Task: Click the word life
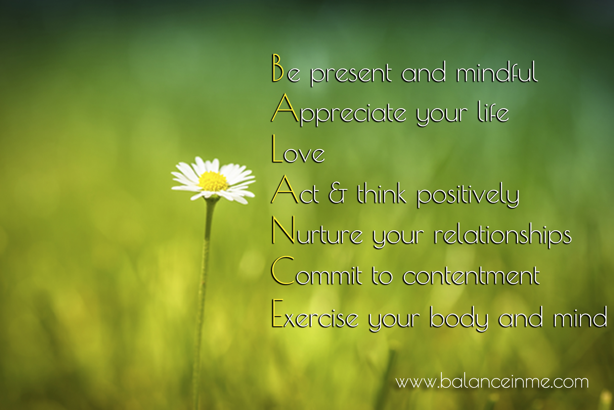coord(493,112)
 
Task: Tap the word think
coord(382,193)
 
